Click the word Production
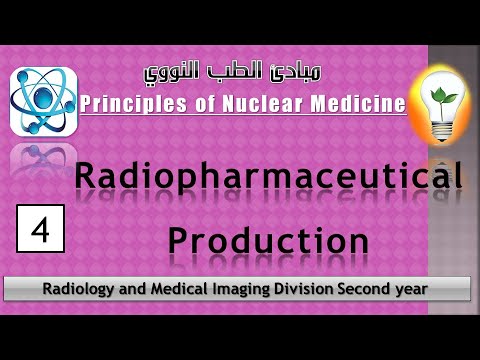[268, 240]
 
